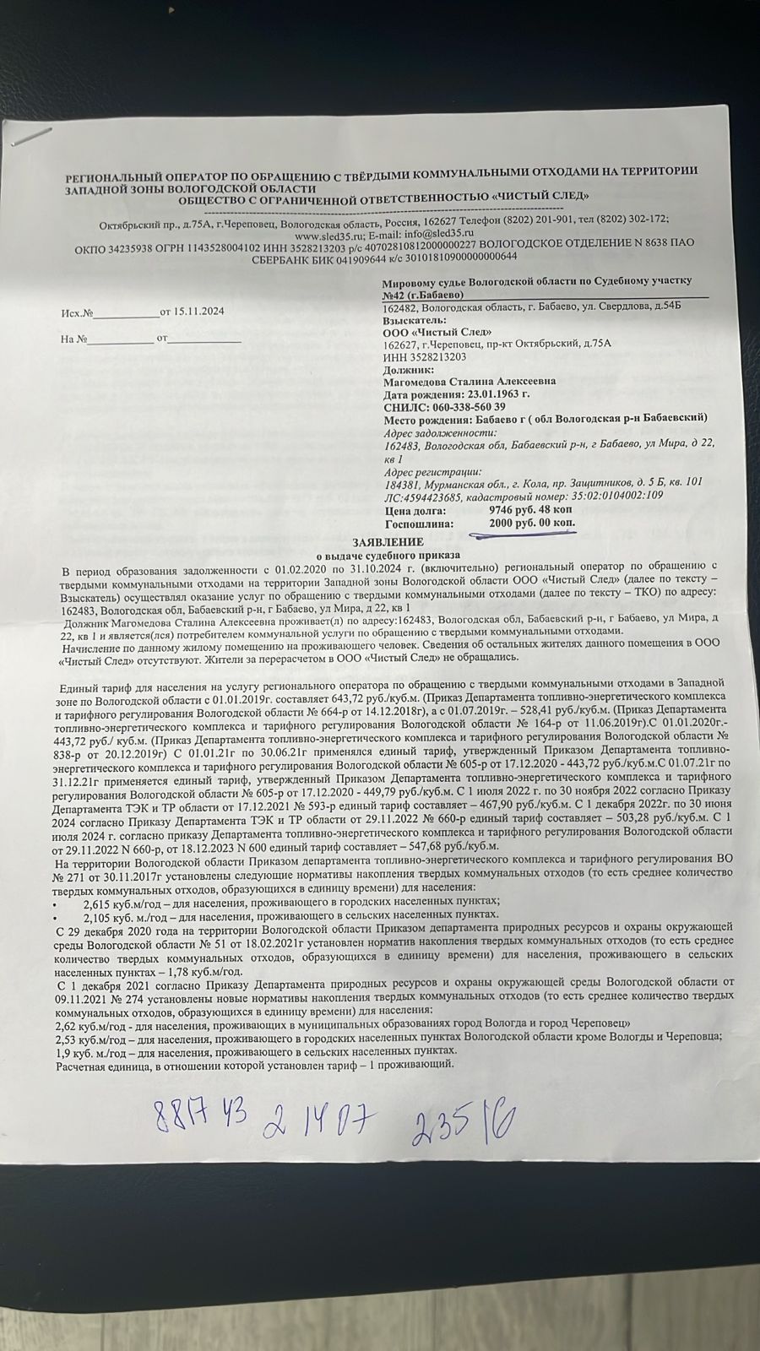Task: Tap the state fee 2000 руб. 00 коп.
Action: tap(531, 524)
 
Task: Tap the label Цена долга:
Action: tap(413, 511)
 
